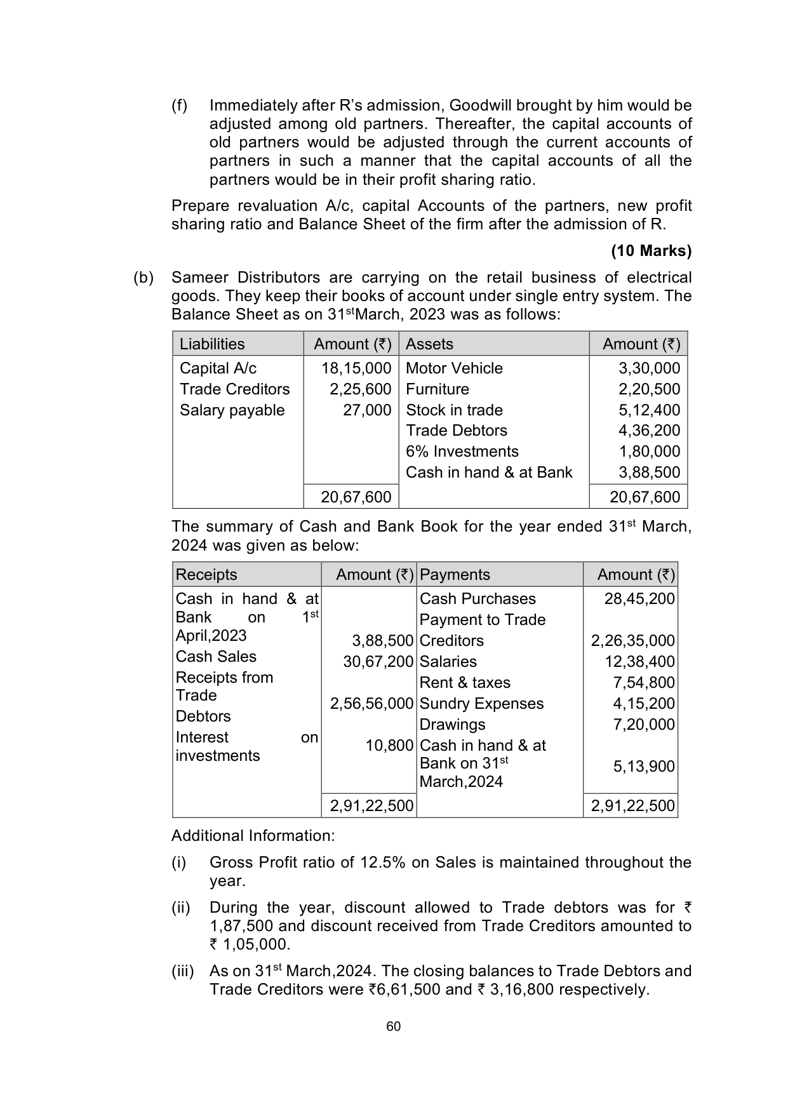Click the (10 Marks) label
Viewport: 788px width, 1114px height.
pyautogui.click(x=651, y=251)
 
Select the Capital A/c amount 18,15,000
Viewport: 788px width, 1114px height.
pyautogui.click(x=356, y=368)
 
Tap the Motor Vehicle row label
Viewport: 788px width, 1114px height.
pyautogui.click(x=454, y=368)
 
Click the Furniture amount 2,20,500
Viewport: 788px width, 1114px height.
pyautogui.click(x=649, y=389)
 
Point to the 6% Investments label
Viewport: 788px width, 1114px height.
pyautogui.click(x=462, y=452)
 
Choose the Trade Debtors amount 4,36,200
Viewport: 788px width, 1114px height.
pyautogui.click(x=649, y=431)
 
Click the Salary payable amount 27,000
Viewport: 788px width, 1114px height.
pyautogui.click(x=367, y=410)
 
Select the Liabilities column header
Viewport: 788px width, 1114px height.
pyautogui.click(x=212, y=344)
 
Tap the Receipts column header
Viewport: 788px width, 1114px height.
pyautogui.click(x=206, y=575)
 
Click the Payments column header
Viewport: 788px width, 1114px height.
pyautogui.click(x=455, y=575)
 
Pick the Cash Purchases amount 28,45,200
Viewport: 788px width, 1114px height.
pyautogui.click(x=639, y=599)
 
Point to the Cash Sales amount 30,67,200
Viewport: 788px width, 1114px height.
pyautogui.click(x=378, y=662)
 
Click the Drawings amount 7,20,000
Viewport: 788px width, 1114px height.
pyautogui.click(x=644, y=725)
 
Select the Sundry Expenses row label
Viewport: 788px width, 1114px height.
pyautogui.click(x=481, y=704)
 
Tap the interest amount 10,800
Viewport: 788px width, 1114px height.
pyautogui.click(x=389, y=746)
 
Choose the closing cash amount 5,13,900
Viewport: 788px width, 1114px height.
pyautogui.click(x=644, y=767)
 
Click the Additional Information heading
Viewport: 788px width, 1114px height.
pyautogui.click(x=253, y=836)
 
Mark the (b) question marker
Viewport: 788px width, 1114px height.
pyautogui.click(x=144, y=278)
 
